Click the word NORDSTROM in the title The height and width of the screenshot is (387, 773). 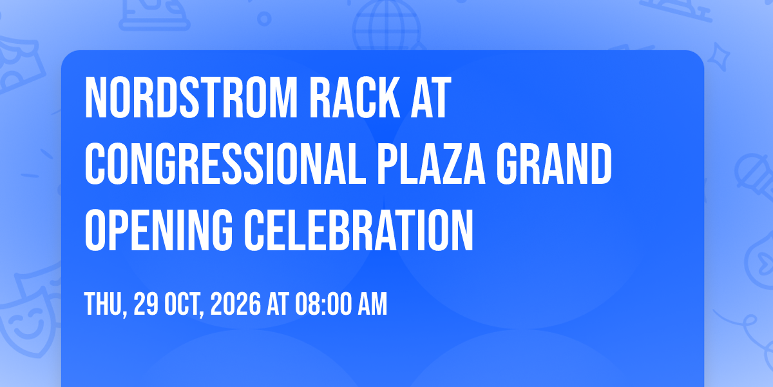point(191,98)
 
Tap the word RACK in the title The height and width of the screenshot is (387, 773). point(355,98)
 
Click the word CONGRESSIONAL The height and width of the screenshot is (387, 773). point(225,164)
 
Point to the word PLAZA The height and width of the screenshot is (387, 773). point(432,164)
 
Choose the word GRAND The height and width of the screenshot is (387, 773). point(554,164)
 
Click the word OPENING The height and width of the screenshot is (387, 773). point(158,230)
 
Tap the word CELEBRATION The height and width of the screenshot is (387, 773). point(359,230)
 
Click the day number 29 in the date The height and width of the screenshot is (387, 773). point(146,304)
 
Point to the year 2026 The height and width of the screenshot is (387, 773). point(236,304)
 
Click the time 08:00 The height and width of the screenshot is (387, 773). point(323,304)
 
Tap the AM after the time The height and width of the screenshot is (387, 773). point(372,304)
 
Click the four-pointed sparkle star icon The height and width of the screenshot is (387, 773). point(718,57)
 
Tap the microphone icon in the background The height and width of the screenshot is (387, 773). point(754,176)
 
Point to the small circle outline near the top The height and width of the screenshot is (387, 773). point(264,19)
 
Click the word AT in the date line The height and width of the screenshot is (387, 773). point(278,304)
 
